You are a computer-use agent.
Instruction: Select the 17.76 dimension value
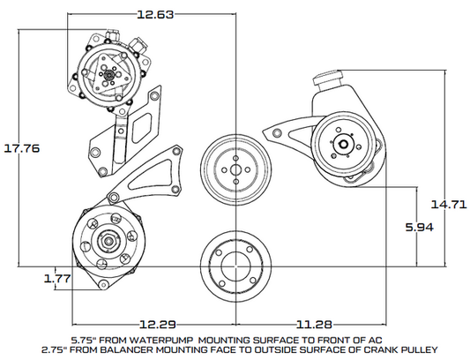[x=21, y=148]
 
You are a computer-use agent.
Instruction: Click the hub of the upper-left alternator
[x=108, y=74]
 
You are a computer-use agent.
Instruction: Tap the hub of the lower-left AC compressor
[x=105, y=240]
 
